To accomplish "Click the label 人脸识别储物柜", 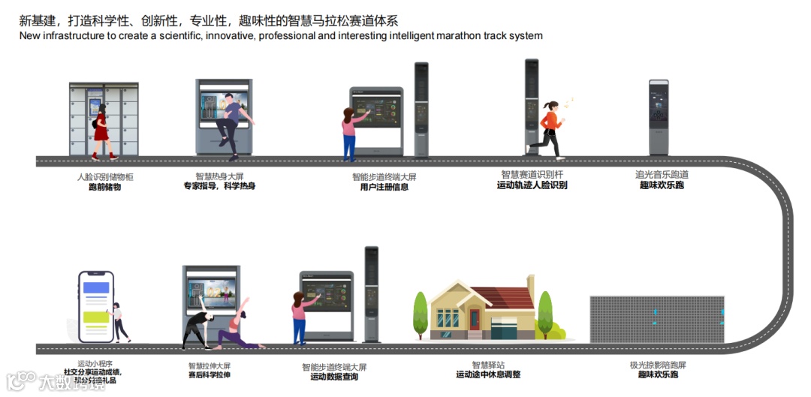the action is point(105,177).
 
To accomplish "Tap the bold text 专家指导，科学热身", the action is point(220,186).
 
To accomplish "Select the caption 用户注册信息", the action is point(384,188).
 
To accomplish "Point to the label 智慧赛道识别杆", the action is point(532,175).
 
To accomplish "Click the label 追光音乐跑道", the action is point(662,175).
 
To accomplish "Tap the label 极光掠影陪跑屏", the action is point(658,365).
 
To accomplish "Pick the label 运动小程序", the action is point(95,363).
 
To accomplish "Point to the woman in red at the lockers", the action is point(101,131).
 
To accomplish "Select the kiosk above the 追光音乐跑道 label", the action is point(659,116).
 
